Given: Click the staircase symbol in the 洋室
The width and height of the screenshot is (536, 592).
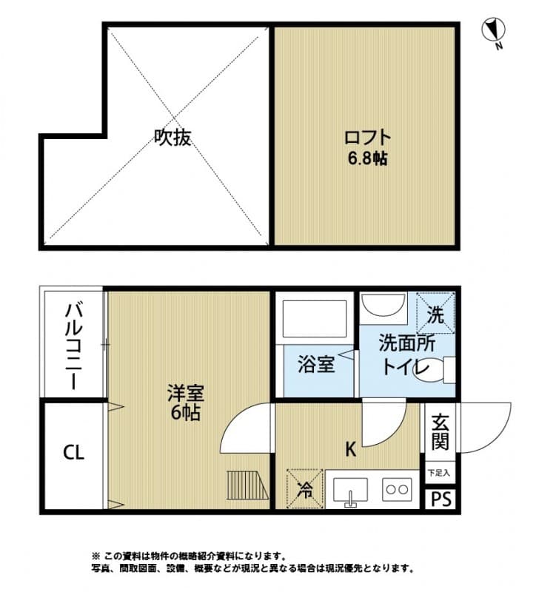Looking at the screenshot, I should click(244, 486).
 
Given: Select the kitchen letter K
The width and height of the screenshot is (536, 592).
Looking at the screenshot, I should click(350, 448).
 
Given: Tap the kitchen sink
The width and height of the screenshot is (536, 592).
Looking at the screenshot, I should click(351, 490).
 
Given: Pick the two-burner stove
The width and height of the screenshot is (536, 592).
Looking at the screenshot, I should click(397, 489).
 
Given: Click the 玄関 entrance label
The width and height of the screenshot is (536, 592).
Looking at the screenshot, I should click(440, 432).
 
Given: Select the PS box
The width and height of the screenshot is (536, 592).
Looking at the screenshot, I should click(440, 499).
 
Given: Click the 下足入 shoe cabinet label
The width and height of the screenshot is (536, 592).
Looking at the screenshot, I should click(439, 471).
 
